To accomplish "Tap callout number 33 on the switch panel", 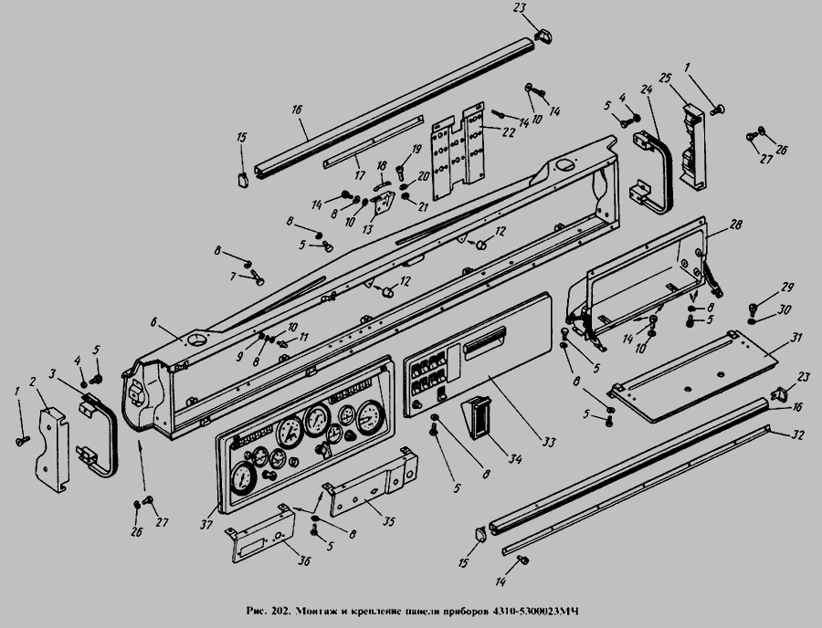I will (x=547, y=443).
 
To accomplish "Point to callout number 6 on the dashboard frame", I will (x=155, y=320).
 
